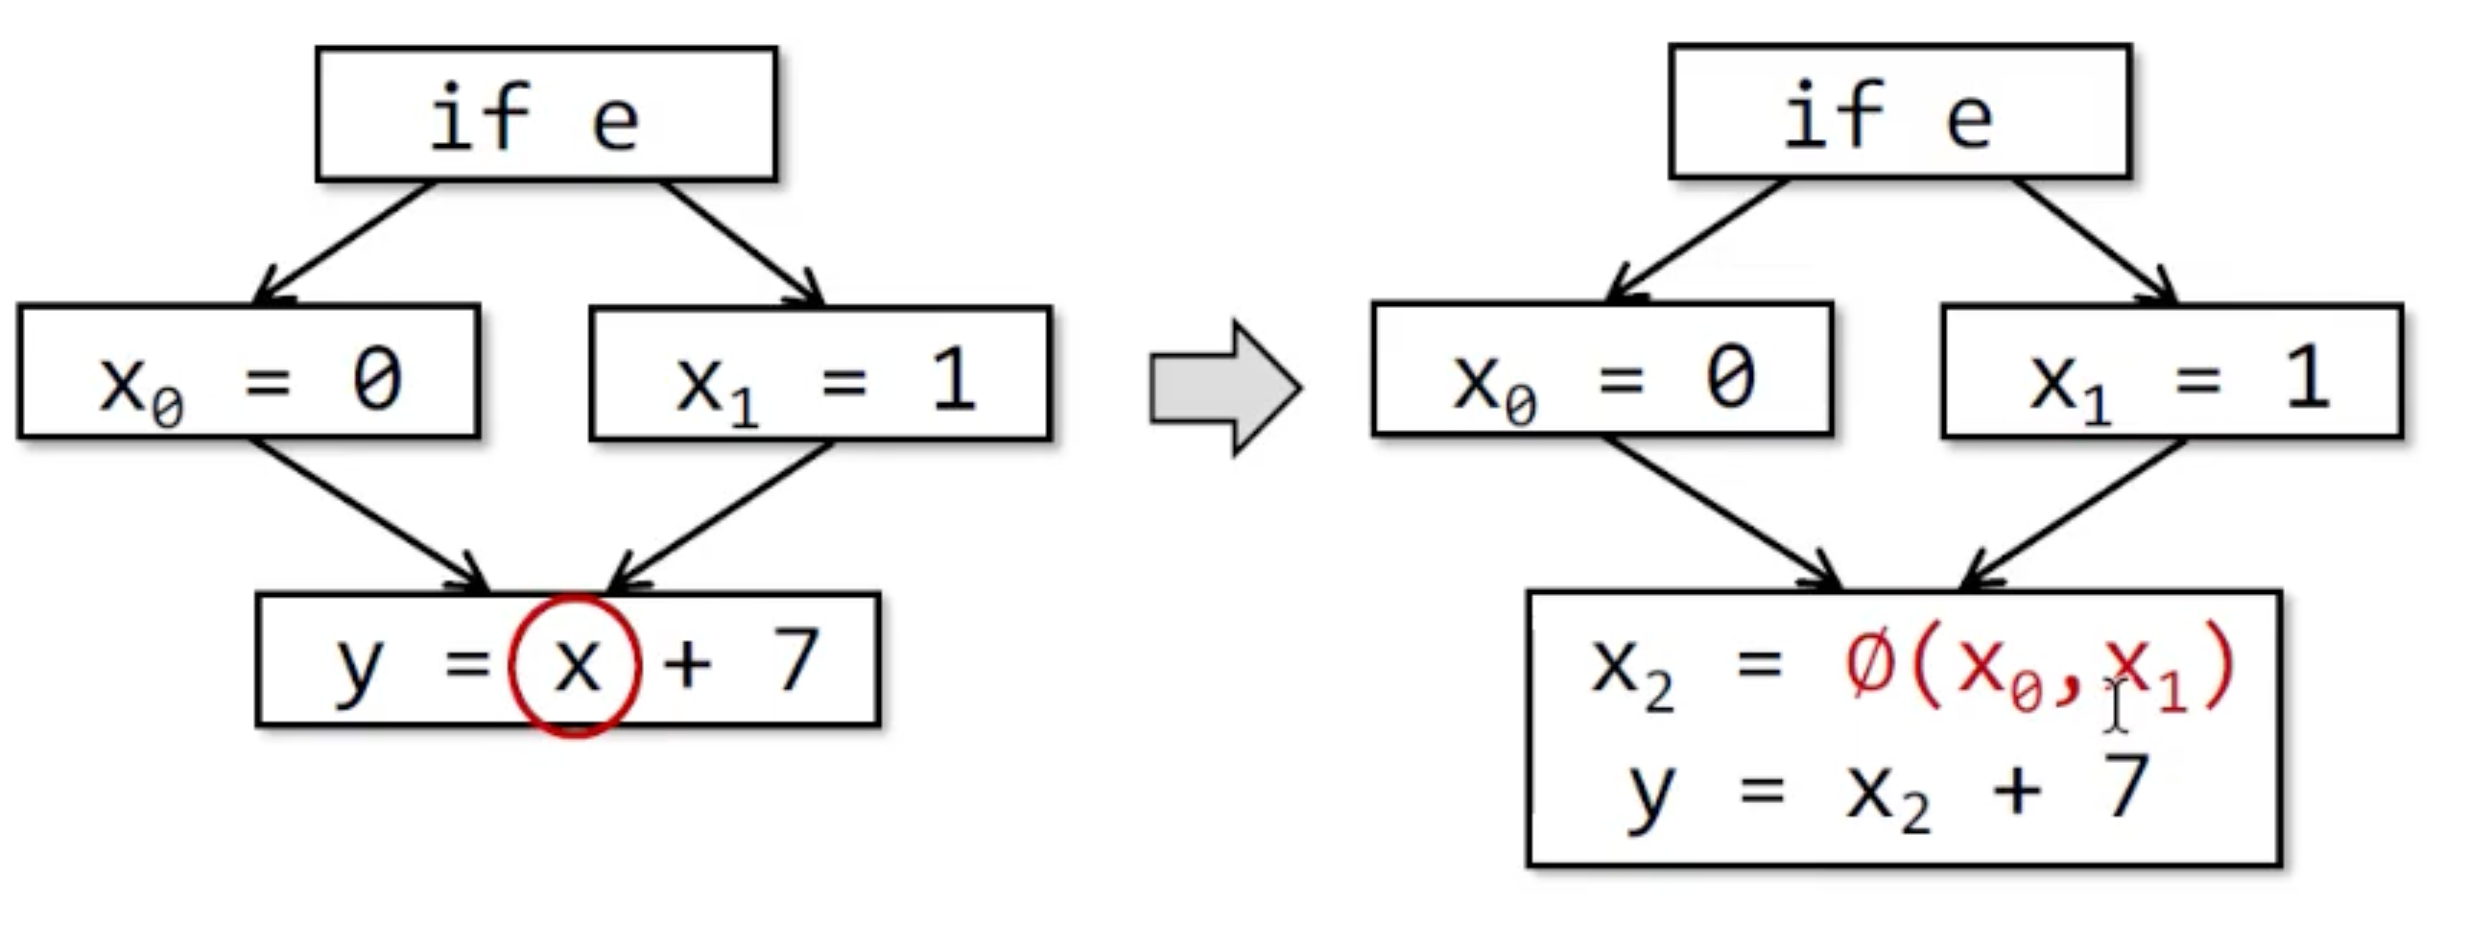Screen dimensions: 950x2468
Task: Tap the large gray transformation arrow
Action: click(x=1224, y=387)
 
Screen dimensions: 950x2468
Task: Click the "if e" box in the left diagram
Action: click(x=546, y=113)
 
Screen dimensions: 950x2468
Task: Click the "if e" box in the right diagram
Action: click(x=1900, y=111)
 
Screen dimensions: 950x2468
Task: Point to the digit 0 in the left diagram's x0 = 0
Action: click(x=376, y=379)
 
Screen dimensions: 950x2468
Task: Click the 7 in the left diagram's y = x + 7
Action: click(x=795, y=660)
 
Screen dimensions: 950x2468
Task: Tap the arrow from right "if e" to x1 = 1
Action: click(x=2092, y=240)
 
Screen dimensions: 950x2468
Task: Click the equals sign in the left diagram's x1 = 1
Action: click(x=843, y=381)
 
